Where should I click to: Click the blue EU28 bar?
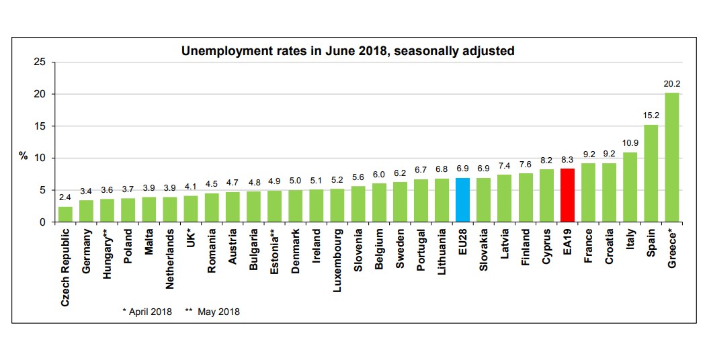point(462,200)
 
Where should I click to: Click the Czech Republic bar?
point(65,214)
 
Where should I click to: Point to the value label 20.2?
point(671,85)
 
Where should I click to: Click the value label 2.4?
point(65,198)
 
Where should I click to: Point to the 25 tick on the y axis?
point(40,62)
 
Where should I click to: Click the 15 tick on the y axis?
point(40,126)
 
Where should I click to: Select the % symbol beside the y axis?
point(24,156)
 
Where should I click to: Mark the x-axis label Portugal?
point(421,251)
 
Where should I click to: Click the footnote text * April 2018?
point(147,312)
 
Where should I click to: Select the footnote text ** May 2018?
point(212,312)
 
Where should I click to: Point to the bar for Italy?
point(629,187)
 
